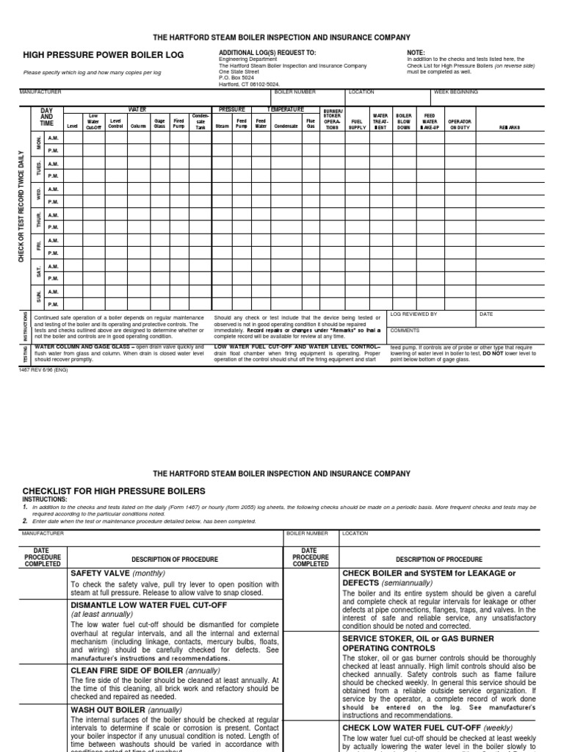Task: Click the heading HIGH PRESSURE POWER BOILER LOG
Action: click(104, 55)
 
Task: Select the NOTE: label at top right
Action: click(416, 53)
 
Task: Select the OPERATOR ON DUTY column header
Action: click(460, 123)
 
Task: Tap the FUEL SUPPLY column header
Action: click(358, 123)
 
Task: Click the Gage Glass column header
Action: click(159, 123)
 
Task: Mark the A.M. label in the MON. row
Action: click(53, 138)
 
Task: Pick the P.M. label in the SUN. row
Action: click(53, 304)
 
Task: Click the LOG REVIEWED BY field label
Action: click(413, 314)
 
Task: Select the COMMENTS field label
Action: click(405, 330)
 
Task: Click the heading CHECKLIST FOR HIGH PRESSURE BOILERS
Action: click(114, 491)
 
